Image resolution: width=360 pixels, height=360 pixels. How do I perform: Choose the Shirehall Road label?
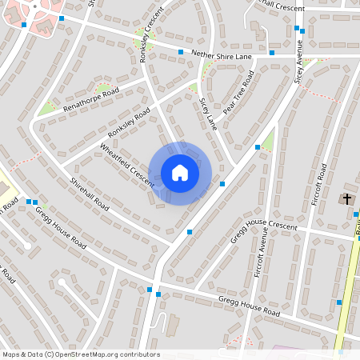[90, 193]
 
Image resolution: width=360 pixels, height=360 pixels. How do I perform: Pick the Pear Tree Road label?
[238, 93]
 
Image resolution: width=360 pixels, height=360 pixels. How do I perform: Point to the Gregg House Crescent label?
[262, 230]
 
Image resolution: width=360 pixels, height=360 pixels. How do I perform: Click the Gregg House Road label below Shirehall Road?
[61, 226]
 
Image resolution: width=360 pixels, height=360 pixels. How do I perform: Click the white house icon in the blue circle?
[180, 173]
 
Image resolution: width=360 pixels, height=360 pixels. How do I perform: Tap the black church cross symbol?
[347, 198]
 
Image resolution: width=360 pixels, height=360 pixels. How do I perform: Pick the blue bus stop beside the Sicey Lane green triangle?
[257, 147]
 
